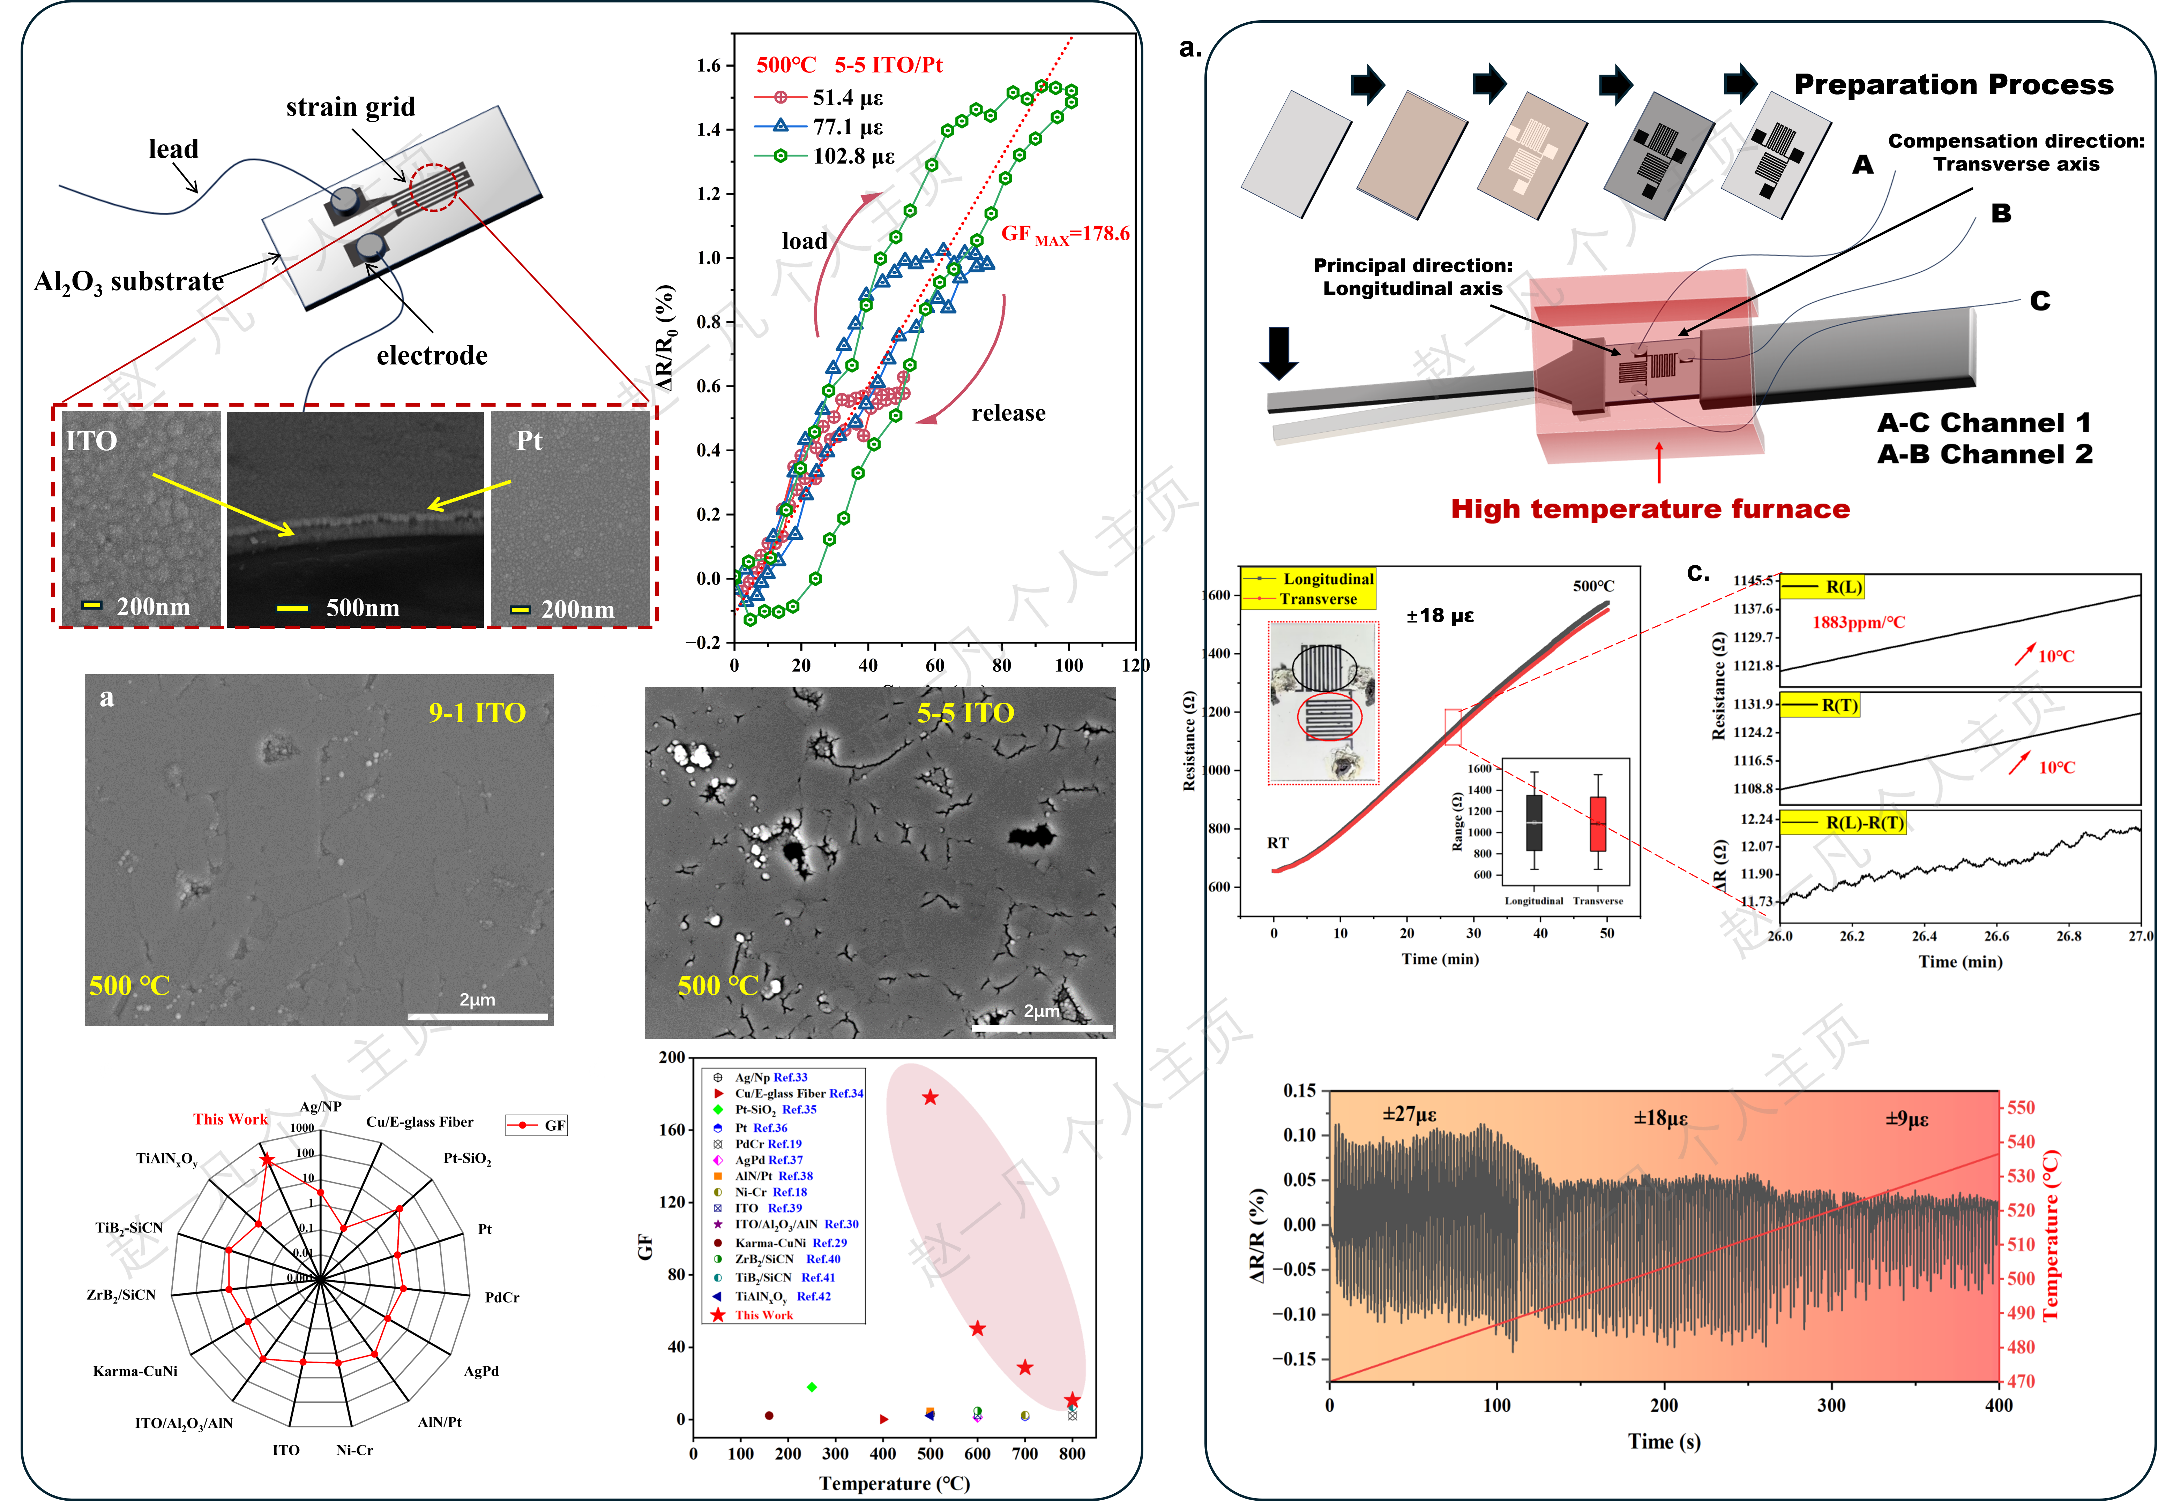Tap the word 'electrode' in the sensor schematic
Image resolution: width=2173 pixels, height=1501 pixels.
point(432,355)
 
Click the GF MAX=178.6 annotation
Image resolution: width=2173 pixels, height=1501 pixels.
point(1065,234)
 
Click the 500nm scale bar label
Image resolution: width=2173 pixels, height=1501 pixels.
point(362,608)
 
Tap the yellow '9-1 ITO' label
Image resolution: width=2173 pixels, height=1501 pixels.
point(477,713)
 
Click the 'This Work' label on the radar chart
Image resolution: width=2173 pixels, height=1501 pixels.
point(231,1119)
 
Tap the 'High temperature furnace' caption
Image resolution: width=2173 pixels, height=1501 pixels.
point(1650,510)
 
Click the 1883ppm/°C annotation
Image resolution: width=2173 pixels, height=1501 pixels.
point(1859,623)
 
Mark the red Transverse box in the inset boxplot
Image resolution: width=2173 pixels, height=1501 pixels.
point(1597,824)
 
